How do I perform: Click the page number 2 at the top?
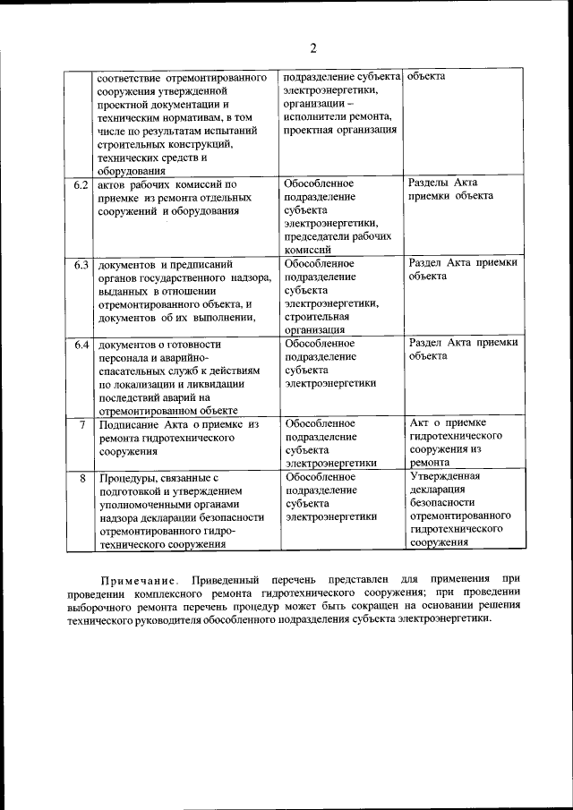tap(312, 48)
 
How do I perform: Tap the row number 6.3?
tap(81, 265)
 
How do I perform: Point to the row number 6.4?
tap(81, 345)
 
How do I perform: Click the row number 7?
tap(82, 424)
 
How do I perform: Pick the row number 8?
tap(82, 479)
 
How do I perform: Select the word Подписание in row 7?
tap(129, 424)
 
